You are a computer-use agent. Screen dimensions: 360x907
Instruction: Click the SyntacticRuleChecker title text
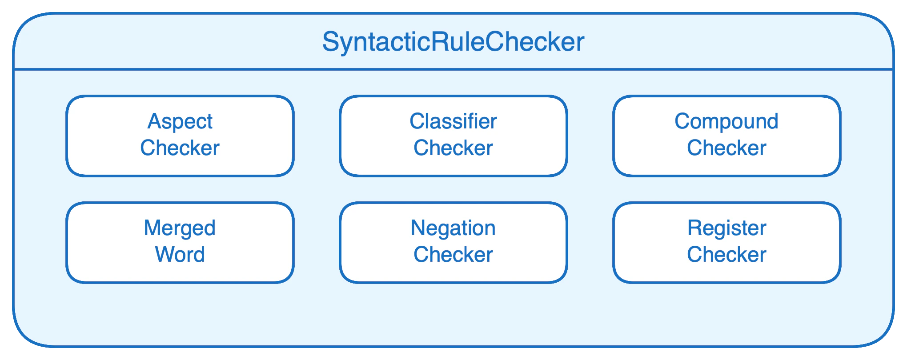[x=453, y=42]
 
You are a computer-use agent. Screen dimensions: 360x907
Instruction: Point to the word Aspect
[x=180, y=122]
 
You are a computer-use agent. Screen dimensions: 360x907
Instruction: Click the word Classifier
[x=453, y=121]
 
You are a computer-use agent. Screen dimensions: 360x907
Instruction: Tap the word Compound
[x=726, y=121]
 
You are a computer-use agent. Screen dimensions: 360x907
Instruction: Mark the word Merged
[x=180, y=228]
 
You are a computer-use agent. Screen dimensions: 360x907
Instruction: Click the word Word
[x=180, y=255]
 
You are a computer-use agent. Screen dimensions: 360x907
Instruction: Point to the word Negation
[x=453, y=228]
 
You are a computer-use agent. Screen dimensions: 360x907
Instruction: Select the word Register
[x=726, y=228]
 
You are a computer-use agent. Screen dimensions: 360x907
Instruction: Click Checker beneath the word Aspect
[x=180, y=148]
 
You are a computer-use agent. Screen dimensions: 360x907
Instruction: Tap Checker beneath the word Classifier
[x=453, y=148]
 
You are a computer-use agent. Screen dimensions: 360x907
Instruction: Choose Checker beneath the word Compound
[x=726, y=148]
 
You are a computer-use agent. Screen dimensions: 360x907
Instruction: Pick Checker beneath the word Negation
[x=453, y=255]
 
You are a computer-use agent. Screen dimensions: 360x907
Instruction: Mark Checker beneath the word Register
[x=726, y=255]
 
